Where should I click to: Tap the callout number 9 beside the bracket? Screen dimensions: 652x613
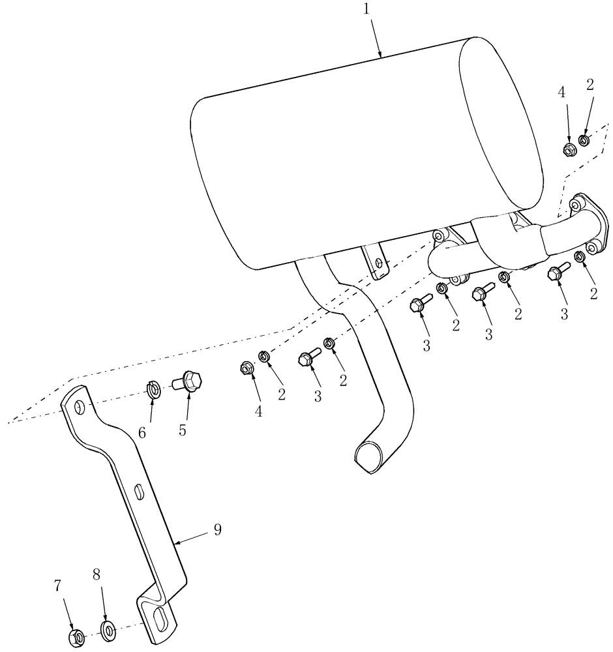[217, 529]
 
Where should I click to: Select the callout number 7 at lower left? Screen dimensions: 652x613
[57, 586]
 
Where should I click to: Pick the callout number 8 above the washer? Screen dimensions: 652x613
[96, 574]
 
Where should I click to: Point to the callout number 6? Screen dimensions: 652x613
[143, 432]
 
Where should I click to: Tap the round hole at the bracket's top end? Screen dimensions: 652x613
[79, 407]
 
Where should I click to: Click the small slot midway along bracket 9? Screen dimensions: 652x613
[140, 491]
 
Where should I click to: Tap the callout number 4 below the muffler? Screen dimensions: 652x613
[259, 412]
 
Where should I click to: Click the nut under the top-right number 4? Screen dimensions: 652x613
[568, 149]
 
